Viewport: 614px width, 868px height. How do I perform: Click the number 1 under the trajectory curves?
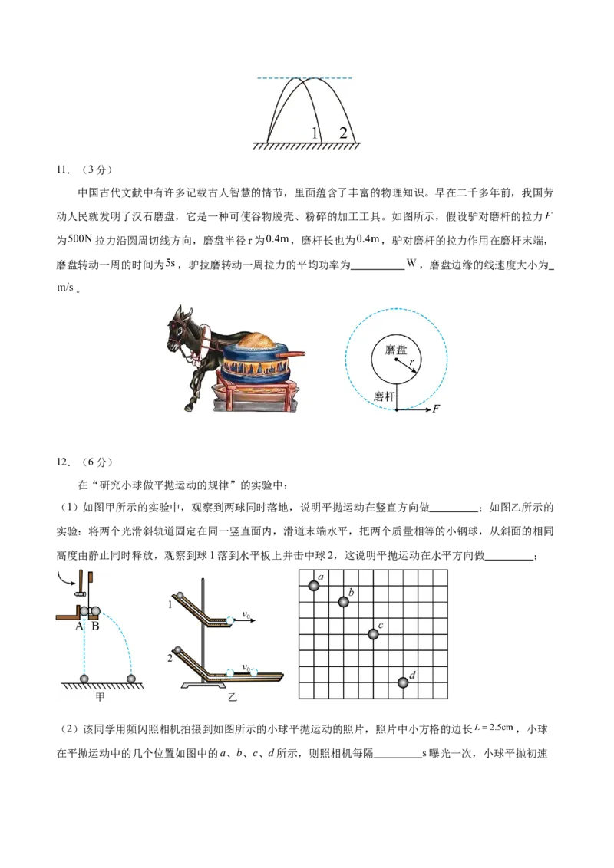click(315, 133)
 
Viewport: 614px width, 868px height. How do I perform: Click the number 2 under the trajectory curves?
click(343, 133)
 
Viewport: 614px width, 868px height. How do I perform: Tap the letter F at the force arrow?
click(436, 409)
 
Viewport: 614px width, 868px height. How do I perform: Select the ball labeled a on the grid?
click(314, 586)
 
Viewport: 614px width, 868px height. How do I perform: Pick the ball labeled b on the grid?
click(344, 602)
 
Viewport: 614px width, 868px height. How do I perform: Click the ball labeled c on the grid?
click(373, 634)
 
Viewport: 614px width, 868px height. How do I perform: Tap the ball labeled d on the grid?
click(404, 682)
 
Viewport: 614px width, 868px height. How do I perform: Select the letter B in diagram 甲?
click(96, 625)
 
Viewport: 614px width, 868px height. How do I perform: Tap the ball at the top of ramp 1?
click(180, 597)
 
